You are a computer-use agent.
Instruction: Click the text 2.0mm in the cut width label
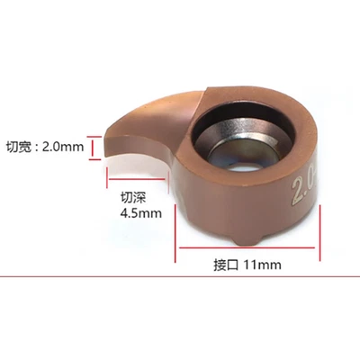tap(67, 147)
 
